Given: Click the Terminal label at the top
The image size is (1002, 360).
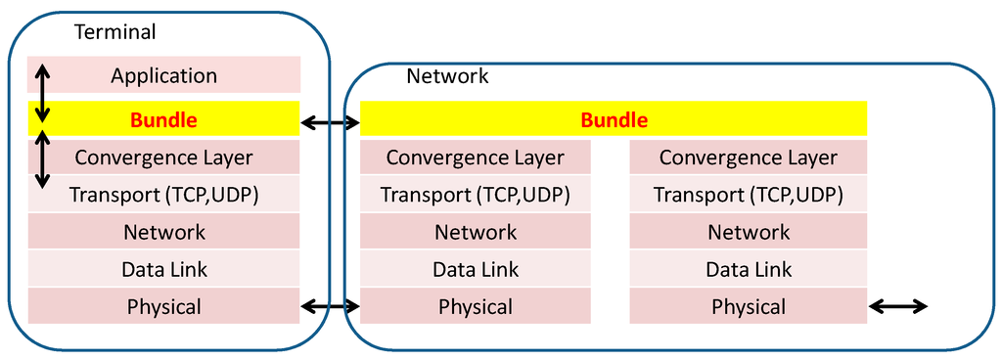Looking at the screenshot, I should tap(114, 31).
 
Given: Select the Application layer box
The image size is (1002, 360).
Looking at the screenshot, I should tap(163, 75).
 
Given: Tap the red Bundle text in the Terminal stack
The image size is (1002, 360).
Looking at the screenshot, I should tap(163, 121).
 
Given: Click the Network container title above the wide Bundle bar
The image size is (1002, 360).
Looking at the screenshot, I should tap(447, 75).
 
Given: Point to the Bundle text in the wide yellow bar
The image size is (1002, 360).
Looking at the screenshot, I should tap(614, 121).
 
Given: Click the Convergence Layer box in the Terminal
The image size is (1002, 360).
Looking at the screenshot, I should tap(163, 157).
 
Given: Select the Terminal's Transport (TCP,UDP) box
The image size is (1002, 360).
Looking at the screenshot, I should tap(163, 195).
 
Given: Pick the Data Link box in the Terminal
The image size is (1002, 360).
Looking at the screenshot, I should tap(163, 269).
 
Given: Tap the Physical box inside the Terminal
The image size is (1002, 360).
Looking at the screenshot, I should tap(163, 306).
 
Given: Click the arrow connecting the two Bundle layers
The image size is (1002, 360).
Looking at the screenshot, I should tap(330, 122).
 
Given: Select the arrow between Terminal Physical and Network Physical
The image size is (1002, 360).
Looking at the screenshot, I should tap(330, 307).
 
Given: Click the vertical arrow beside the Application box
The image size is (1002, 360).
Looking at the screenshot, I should tap(41, 95).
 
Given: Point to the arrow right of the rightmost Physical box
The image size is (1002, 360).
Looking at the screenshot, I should tap(898, 307).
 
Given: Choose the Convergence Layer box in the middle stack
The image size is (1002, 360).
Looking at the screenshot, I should tap(475, 157).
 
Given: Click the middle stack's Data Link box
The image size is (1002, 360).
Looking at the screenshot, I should tap(475, 269).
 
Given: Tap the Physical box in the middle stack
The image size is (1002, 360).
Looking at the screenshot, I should tap(475, 306).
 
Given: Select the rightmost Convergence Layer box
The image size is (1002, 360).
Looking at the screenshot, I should tap(748, 157).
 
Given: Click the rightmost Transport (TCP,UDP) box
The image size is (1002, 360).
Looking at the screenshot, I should tap(748, 195).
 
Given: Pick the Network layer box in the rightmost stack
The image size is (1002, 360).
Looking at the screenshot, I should tap(748, 232).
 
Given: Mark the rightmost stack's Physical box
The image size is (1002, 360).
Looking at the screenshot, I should tap(748, 306).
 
